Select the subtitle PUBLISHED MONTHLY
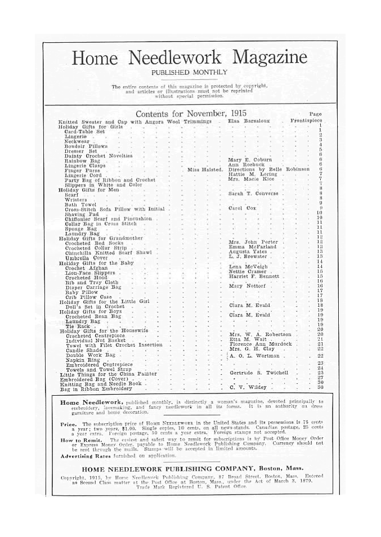coord(189,73)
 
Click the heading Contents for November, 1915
coord(191,113)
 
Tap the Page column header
coord(315,114)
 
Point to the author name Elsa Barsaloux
coord(249,121)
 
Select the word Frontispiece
coord(307,121)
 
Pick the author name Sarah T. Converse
coord(253,194)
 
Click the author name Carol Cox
coord(243,209)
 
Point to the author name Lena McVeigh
coord(248,267)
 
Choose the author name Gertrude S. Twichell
coord(259,373)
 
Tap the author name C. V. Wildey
coord(248,388)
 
